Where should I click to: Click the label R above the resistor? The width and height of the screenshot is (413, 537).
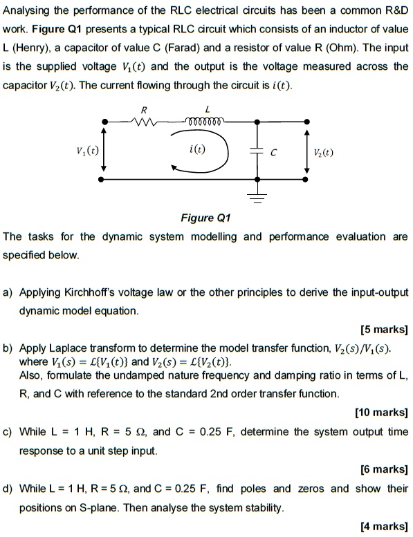tap(144, 109)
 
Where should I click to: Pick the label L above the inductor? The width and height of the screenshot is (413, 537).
tap(199, 109)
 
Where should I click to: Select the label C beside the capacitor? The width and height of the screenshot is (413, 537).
tap(275, 153)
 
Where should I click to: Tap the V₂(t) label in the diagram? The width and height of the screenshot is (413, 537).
tap(322, 153)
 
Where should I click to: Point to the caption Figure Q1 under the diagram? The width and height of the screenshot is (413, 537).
tap(205, 218)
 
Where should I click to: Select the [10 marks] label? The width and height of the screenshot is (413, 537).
tap(381, 413)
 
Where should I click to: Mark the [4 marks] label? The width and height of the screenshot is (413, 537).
tap(384, 526)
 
